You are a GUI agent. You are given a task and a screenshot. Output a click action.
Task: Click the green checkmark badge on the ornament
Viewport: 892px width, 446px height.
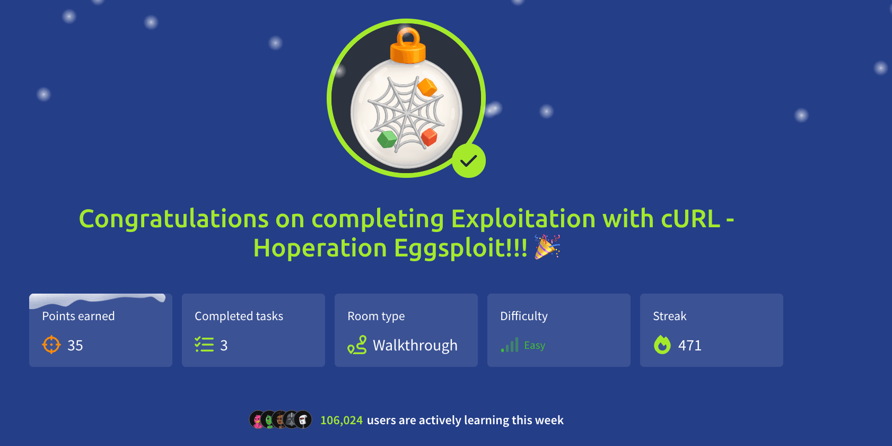click(469, 160)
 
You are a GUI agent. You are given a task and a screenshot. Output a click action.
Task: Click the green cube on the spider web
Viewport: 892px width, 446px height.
click(387, 139)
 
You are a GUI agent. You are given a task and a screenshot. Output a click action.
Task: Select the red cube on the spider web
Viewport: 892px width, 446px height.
click(429, 137)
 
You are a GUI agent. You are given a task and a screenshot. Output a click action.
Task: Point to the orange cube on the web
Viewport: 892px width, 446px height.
click(427, 87)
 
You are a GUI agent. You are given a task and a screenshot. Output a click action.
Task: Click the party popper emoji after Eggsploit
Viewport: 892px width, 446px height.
click(547, 247)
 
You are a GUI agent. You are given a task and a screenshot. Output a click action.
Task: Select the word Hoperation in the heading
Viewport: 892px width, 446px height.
click(320, 248)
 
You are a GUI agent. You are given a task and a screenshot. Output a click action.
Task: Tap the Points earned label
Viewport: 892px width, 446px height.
click(78, 316)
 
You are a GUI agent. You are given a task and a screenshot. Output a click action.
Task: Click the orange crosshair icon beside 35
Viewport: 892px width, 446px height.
click(51, 345)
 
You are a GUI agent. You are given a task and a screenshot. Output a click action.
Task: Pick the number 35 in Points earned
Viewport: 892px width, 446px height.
click(75, 346)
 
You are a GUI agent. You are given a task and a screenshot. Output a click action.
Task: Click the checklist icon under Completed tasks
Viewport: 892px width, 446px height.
click(204, 345)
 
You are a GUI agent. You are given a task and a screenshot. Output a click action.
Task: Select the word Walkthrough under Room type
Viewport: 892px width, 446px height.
click(415, 346)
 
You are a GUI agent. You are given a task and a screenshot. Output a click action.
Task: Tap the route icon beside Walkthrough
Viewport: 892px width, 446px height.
click(357, 345)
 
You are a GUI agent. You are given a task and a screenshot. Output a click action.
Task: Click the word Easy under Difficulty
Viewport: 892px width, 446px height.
click(535, 346)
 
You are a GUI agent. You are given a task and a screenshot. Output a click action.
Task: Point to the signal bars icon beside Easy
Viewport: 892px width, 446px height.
click(510, 345)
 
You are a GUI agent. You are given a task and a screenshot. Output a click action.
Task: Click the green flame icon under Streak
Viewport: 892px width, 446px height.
click(662, 345)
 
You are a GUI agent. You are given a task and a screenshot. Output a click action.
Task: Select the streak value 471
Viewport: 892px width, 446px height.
click(690, 346)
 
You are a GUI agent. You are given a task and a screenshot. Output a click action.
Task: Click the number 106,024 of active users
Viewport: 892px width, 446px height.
click(342, 421)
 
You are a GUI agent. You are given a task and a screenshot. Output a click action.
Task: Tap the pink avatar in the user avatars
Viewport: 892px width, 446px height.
click(257, 420)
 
